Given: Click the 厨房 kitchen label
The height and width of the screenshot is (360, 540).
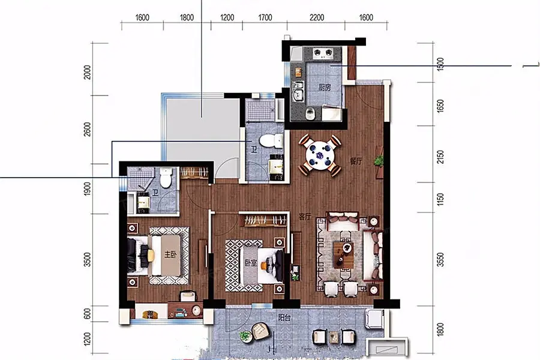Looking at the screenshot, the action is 325,88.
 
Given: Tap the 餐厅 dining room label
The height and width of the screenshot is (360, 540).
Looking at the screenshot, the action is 356,161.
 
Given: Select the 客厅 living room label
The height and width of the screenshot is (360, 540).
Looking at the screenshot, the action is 305,217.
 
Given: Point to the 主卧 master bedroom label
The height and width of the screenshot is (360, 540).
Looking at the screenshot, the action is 170,255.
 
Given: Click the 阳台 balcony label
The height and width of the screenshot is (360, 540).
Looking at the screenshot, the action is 284,317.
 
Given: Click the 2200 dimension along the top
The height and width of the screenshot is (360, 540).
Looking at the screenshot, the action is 316,17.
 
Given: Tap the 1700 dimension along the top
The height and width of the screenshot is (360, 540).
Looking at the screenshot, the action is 265,17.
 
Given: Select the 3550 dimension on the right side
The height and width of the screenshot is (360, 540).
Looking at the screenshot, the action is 440,260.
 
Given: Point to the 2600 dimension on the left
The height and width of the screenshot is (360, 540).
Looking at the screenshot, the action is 88,129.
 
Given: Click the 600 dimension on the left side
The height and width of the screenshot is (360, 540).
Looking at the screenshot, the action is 88,314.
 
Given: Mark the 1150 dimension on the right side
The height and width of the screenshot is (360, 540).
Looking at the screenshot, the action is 440,199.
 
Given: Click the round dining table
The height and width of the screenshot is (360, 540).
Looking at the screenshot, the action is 320,155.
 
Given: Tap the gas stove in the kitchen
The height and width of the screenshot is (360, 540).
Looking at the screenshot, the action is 323,53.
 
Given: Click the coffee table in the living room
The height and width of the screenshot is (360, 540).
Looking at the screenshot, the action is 343,255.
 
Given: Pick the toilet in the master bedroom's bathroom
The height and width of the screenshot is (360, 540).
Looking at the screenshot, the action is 166,178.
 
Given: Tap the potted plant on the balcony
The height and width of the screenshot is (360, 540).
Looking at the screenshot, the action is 245,336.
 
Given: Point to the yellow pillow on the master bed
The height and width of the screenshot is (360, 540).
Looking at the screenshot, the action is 151,255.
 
